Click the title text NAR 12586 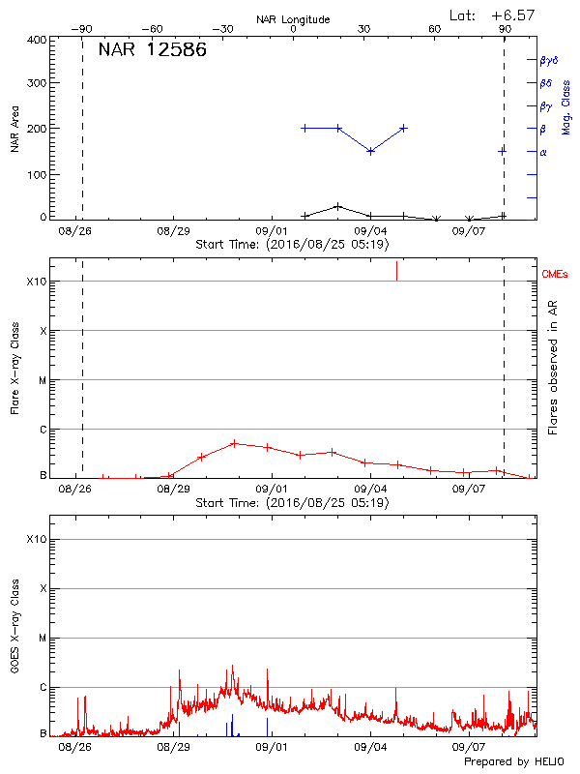pos(152,50)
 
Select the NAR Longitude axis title pos(293,19)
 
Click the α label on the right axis pos(542,152)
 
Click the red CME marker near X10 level pos(396,271)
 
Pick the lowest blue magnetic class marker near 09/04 pos(371,151)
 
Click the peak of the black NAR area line pos(337,206)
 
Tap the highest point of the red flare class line pos(234,443)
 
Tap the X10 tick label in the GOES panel pos(36,538)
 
